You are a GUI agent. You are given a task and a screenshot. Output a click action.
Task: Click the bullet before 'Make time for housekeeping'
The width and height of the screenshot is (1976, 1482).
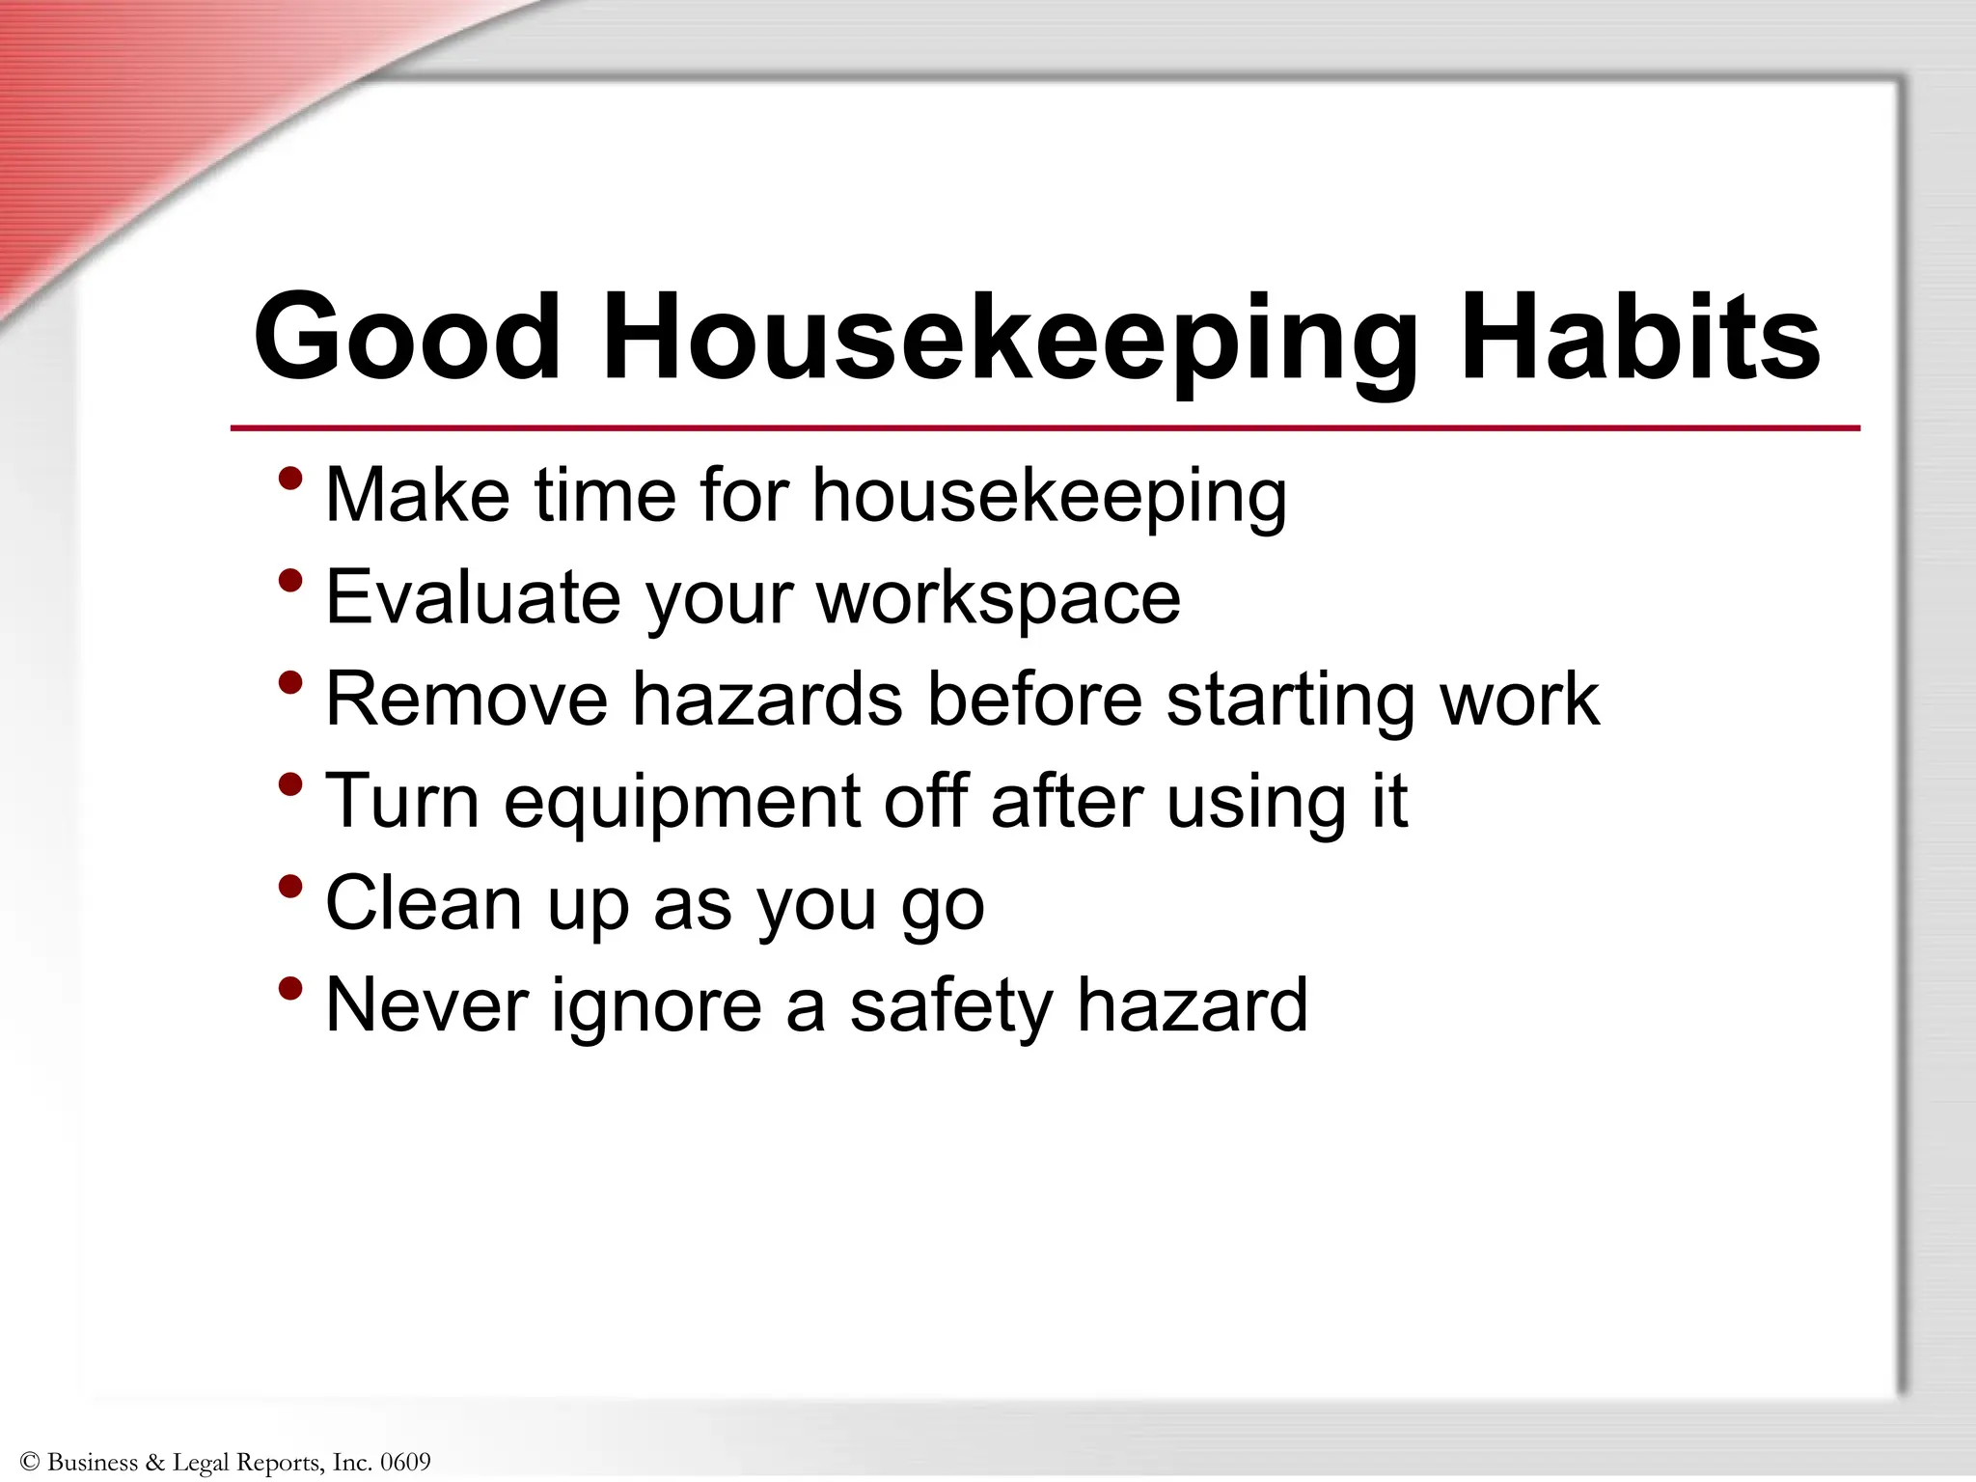point(290,479)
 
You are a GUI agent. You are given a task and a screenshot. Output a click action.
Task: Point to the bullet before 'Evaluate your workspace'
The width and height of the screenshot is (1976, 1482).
point(290,581)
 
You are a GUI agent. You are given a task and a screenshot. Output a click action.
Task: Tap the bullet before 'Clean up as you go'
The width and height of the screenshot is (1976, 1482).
point(290,886)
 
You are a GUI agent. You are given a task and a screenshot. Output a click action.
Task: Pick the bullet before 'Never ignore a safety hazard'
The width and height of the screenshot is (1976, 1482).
point(290,988)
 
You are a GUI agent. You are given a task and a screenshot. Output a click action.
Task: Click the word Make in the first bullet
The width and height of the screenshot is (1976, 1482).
point(418,495)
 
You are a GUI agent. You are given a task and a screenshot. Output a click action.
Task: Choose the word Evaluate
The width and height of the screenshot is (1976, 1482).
point(473,597)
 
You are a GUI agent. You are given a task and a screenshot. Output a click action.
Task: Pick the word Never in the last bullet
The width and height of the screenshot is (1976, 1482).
point(426,1005)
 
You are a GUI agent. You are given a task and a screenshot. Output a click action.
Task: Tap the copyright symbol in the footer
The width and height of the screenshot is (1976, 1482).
point(29,1462)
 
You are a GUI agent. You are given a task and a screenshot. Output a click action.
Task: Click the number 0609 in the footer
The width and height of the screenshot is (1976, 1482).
point(405,1462)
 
